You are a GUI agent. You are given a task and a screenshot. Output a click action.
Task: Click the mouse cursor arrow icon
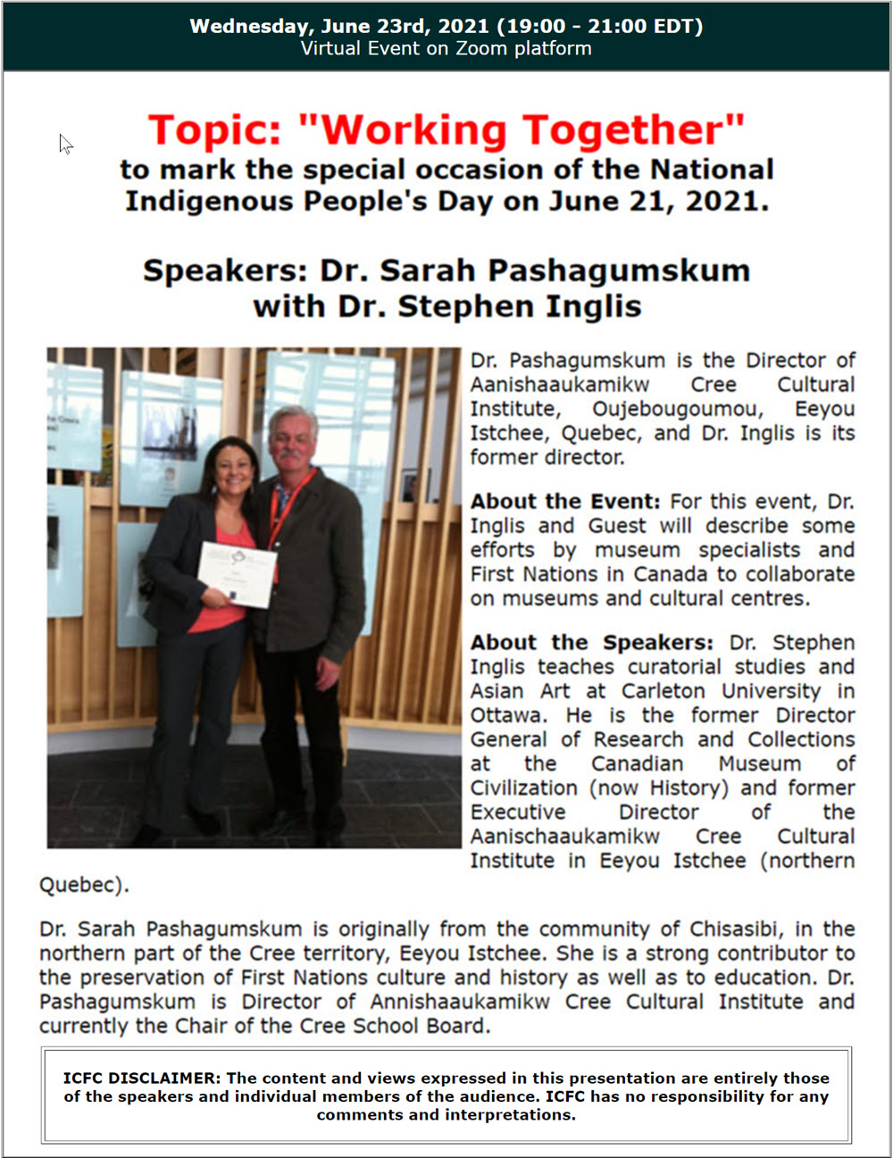[65, 144]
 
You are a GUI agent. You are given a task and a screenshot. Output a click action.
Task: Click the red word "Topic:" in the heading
[214, 130]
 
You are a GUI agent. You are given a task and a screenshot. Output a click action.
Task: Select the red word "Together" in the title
[633, 130]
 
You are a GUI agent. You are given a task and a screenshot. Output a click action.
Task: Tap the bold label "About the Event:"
[565, 502]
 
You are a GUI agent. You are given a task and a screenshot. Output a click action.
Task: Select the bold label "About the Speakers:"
[592, 643]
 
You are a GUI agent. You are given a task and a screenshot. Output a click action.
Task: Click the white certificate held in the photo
[238, 574]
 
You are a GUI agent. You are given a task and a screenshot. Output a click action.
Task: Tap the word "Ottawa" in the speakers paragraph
[507, 715]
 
